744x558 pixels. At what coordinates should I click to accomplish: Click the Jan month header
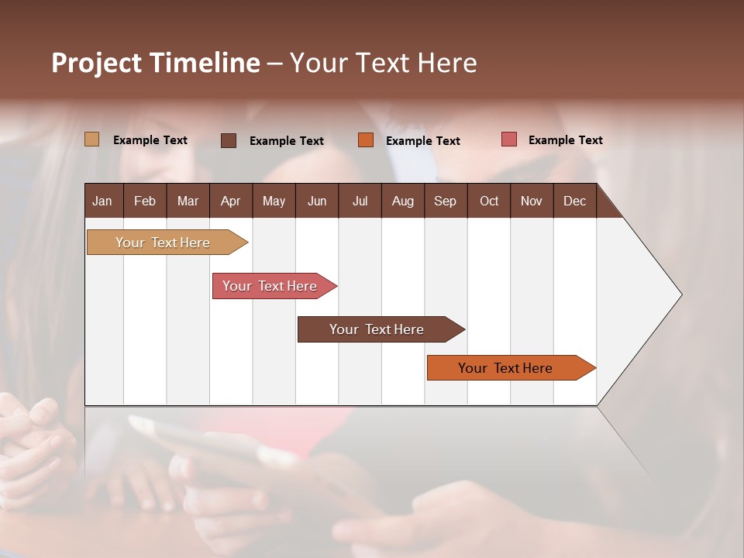102,201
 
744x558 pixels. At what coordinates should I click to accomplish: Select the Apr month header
230,201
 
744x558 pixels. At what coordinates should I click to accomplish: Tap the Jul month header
360,201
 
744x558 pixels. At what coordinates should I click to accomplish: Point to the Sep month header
445,201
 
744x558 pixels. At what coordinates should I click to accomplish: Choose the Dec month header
574,201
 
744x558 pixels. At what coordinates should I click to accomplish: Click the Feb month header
145,201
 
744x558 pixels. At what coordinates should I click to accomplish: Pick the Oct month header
489,201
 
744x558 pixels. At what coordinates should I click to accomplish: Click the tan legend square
91,139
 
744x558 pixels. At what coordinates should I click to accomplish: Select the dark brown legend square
229,140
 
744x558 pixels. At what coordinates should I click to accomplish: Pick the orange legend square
366,140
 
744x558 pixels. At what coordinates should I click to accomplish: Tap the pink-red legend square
508,139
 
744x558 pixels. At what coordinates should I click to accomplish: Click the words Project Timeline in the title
156,63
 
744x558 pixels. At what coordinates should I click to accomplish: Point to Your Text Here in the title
383,63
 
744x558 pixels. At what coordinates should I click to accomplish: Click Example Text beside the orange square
422,141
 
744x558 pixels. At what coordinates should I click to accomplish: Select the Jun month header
317,201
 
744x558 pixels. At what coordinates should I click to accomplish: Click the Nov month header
532,201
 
